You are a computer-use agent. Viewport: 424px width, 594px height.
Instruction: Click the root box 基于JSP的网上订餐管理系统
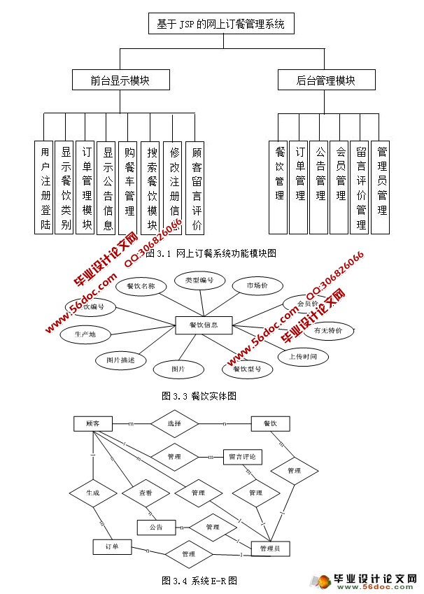(221, 24)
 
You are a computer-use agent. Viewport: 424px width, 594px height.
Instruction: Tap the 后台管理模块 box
(325, 80)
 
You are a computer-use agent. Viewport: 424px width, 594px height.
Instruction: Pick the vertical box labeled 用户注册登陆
(45, 188)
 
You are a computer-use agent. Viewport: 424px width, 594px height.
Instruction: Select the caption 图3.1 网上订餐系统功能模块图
(210, 253)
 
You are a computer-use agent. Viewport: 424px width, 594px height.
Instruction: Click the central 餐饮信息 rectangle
(203, 325)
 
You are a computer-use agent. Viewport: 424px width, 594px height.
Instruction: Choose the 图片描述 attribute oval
(120, 360)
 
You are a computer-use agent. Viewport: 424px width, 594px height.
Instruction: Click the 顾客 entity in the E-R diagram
(93, 424)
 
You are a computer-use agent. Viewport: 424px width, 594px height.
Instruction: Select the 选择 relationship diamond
(175, 424)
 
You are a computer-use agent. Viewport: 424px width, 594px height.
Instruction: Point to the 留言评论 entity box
(242, 457)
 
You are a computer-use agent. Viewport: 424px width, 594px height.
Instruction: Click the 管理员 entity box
(270, 549)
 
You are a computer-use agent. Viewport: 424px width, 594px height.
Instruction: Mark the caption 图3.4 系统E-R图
(199, 580)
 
